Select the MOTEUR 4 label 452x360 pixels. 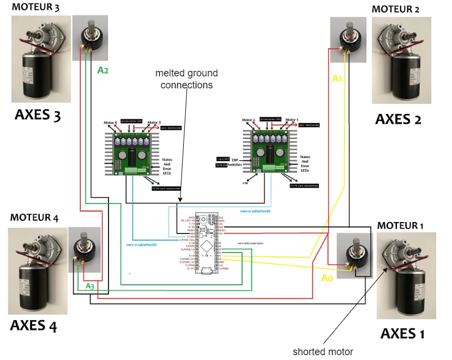(34, 218)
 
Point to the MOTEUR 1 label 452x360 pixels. (402, 225)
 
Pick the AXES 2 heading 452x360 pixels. (398, 119)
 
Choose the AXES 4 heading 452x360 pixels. (33, 326)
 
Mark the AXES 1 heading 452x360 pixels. (402, 333)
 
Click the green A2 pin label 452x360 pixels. (103, 70)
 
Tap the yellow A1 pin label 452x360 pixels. (338, 79)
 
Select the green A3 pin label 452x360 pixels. (90, 286)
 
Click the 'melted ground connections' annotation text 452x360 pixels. (186, 79)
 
